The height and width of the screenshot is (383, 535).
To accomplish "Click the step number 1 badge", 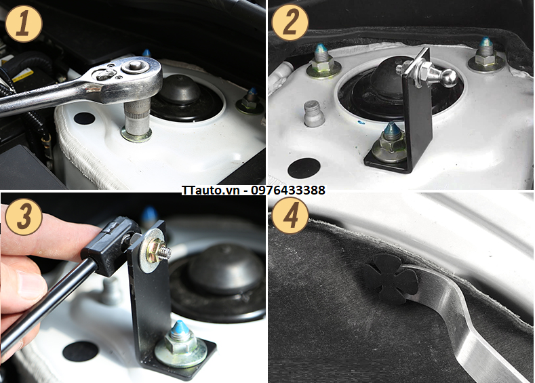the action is click(24, 24).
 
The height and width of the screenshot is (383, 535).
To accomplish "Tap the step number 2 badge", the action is click(290, 23).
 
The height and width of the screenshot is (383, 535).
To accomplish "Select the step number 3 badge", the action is click(24, 216).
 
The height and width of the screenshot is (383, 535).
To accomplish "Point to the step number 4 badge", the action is click(290, 215).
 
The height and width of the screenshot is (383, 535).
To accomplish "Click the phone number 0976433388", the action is click(288, 190).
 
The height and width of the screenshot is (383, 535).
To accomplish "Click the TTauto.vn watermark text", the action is click(210, 190).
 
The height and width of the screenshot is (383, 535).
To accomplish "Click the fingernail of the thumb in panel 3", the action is click(31, 285).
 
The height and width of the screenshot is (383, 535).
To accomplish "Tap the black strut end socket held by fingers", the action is click(110, 246).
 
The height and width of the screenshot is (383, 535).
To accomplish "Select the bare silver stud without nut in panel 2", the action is click(313, 113).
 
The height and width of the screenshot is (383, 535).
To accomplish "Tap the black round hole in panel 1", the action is click(84, 119).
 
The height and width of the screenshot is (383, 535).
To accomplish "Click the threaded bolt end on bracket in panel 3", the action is click(165, 252).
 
